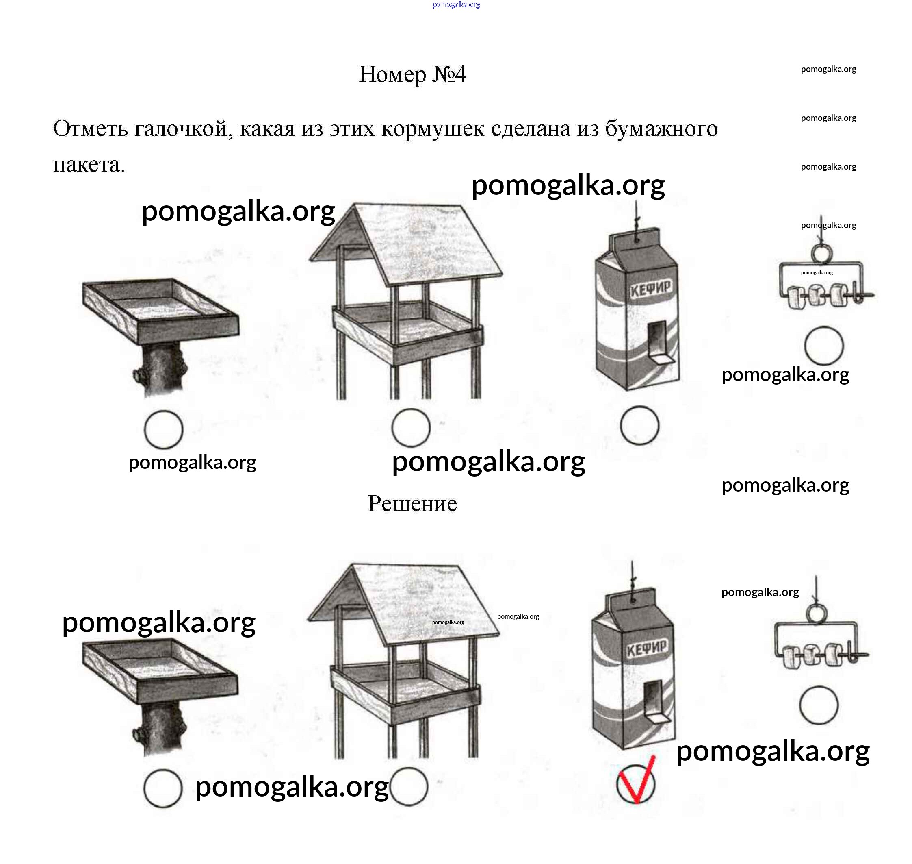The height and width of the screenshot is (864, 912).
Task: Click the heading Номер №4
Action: coord(412,74)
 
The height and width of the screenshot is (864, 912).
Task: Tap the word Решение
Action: coord(412,503)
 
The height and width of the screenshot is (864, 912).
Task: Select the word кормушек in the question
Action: coord(432,129)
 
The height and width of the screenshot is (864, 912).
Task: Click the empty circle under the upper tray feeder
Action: coord(163,429)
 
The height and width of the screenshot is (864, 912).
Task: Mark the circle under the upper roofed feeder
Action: coord(411,427)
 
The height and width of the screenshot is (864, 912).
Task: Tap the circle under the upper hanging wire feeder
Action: coord(824,346)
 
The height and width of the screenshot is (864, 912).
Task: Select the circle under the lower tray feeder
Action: coord(162,788)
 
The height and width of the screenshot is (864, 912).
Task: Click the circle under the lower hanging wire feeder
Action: coord(819,705)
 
